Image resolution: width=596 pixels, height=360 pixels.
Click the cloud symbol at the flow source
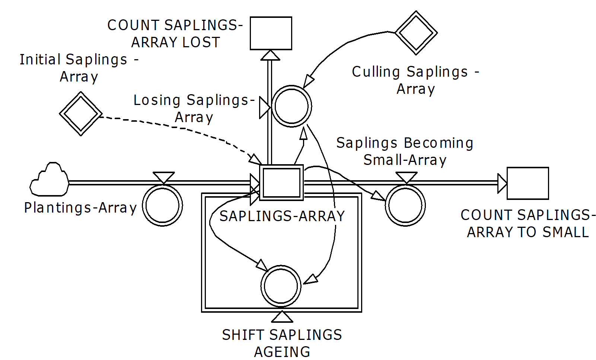pyautogui.click(x=49, y=179)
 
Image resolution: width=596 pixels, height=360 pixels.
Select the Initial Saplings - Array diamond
pyautogui.click(x=81, y=114)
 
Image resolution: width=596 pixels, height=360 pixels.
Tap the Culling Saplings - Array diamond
pyautogui.click(x=416, y=33)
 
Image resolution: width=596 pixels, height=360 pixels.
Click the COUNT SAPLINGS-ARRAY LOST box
pyautogui.click(x=271, y=33)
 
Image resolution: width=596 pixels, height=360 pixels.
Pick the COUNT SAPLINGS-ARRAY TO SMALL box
pyautogui.click(x=528, y=183)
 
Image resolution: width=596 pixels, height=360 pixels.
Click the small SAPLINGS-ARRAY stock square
pyautogui.click(x=281, y=182)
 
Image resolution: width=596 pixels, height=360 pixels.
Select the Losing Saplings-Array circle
pyautogui.click(x=291, y=106)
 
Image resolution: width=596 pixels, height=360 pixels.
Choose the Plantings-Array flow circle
pyautogui.click(x=162, y=206)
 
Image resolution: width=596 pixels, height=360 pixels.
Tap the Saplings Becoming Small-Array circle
pyautogui.click(x=405, y=206)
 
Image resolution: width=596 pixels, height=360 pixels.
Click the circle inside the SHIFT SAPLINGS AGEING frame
pyautogui.click(x=281, y=286)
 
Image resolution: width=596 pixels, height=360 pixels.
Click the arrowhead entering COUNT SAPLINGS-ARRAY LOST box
pyautogui.click(x=270, y=55)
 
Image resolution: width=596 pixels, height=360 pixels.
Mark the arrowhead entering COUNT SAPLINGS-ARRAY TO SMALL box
pyautogui.click(x=502, y=183)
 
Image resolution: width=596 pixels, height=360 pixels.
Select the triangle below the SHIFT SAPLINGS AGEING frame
pyautogui.click(x=282, y=317)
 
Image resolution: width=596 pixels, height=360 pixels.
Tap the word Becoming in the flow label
pyautogui.click(x=439, y=143)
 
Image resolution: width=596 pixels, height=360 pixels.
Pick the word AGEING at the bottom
pyautogui.click(x=282, y=352)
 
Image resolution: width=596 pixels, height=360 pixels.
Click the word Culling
pyautogui.click(x=376, y=72)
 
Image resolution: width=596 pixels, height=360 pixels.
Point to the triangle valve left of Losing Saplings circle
pyautogui.click(x=265, y=108)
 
